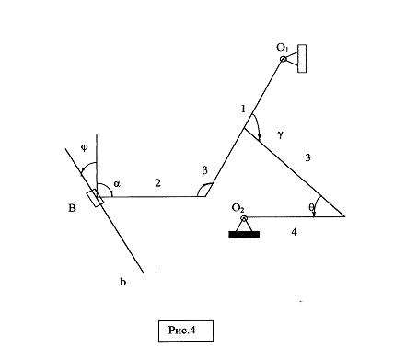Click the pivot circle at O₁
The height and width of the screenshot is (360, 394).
coord(284,59)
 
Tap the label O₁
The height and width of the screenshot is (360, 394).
coord(283,48)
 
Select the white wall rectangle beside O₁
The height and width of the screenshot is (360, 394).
coord(302,59)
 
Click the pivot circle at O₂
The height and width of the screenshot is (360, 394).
coord(244,218)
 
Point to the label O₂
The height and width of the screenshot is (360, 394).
coord(238,208)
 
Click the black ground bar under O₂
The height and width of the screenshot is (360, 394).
coord(244,235)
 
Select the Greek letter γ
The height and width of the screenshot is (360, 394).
coord(280,134)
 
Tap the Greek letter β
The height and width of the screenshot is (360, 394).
coord(205,170)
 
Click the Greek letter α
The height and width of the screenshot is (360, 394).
coord(117,184)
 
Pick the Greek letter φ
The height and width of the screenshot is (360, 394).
coord(85,147)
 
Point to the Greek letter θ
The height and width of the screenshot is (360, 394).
coord(311,207)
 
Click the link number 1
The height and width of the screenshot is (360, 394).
coord(243,109)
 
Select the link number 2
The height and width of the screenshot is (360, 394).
coord(157,183)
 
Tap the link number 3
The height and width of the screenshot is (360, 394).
coord(307,157)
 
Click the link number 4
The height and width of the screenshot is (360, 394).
coord(294,232)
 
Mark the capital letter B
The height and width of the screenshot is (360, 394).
coord(72,208)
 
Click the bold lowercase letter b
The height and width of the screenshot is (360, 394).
coord(122,282)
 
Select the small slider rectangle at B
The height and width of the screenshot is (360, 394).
coord(95,198)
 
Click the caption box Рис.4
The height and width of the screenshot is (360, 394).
coord(186,331)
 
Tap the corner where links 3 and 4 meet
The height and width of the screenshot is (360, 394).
coord(345,216)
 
